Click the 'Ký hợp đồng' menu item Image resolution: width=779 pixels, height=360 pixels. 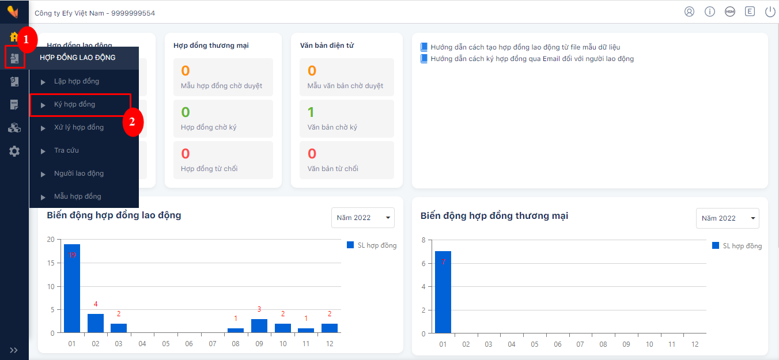[74, 104]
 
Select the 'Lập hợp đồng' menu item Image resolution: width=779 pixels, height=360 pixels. [77, 81]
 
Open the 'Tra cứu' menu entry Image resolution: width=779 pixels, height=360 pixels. [66, 150]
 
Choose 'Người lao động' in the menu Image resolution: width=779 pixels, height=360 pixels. [79, 173]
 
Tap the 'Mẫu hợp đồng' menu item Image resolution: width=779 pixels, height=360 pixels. [78, 196]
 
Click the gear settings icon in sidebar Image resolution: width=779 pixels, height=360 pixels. [14, 151]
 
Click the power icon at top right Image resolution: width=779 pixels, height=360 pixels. [770, 12]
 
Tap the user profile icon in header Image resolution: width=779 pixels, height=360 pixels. [689, 12]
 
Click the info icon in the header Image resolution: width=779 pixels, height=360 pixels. [709, 12]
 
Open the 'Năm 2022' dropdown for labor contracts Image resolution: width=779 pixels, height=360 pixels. [363, 218]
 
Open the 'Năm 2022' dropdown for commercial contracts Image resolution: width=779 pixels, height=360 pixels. [728, 218]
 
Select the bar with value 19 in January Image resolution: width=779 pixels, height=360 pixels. [72, 289]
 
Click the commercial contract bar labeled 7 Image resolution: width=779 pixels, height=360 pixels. [443, 292]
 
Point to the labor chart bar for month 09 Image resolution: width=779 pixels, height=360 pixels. [259, 326]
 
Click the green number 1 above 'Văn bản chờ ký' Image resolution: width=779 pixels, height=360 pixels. [311, 112]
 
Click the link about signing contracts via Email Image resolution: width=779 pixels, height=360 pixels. [532, 59]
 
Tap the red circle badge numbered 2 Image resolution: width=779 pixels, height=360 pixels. [132, 122]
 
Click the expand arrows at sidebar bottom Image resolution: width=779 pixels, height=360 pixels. [14, 350]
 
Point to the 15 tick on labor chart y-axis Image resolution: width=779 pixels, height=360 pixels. [51, 263]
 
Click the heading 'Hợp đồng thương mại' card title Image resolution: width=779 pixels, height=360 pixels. [211, 46]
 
